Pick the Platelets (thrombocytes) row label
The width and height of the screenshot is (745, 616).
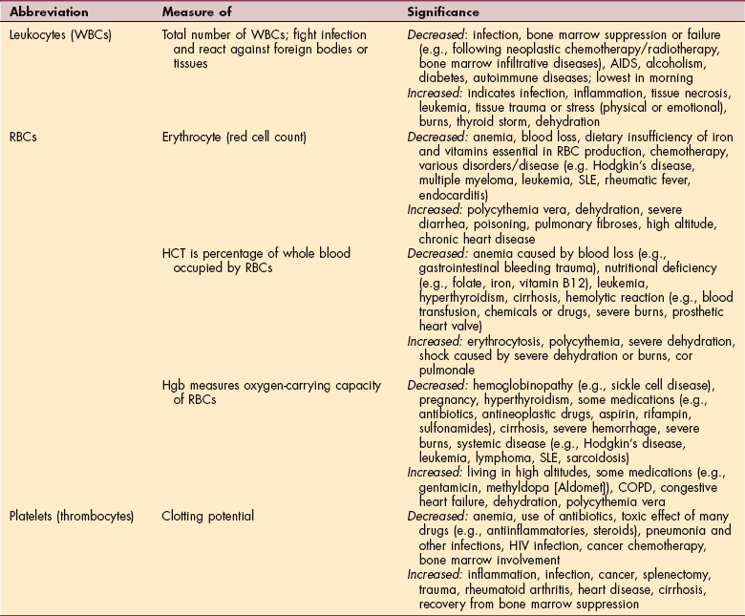[x=71, y=517]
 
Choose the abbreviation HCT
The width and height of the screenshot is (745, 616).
[x=175, y=253]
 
